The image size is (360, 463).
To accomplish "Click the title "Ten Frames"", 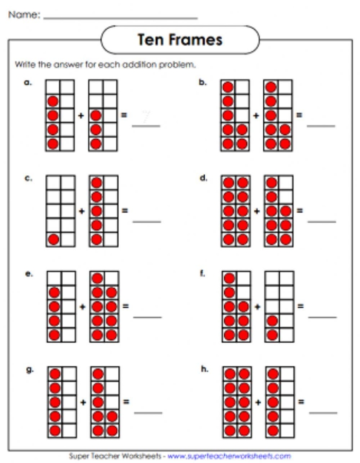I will (x=180, y=40).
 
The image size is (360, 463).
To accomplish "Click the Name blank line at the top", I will (x=120, y=18).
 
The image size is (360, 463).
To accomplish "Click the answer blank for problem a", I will (x=146, y=125).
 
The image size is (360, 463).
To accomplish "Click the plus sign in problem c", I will (x=82, y=211).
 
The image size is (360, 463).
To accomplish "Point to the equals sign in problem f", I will (x=301, y=307).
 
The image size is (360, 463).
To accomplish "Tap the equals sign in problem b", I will (x=300, y=115).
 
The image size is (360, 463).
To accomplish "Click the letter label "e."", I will (x=29, y=274).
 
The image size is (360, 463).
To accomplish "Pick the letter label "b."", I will (x=203, y=82).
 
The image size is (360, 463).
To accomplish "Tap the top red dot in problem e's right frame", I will (x=97, y=279).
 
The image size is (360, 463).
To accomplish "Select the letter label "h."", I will (x=204, y=369).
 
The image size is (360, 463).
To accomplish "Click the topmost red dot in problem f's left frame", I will (x=229, y=279).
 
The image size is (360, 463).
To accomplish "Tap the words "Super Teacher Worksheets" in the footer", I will (x=116, y=455).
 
